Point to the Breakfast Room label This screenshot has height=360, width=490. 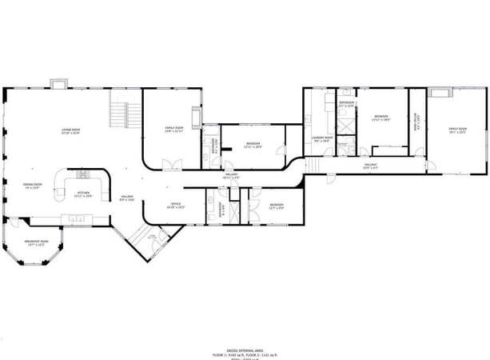point(36,242)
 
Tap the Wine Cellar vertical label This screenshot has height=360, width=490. point(416,122)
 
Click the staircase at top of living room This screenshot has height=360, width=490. point(119,114)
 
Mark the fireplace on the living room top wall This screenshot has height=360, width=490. point(59,83)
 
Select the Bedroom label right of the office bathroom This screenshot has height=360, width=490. point(277,206)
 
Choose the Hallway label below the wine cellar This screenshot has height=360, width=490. point(370,166)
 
